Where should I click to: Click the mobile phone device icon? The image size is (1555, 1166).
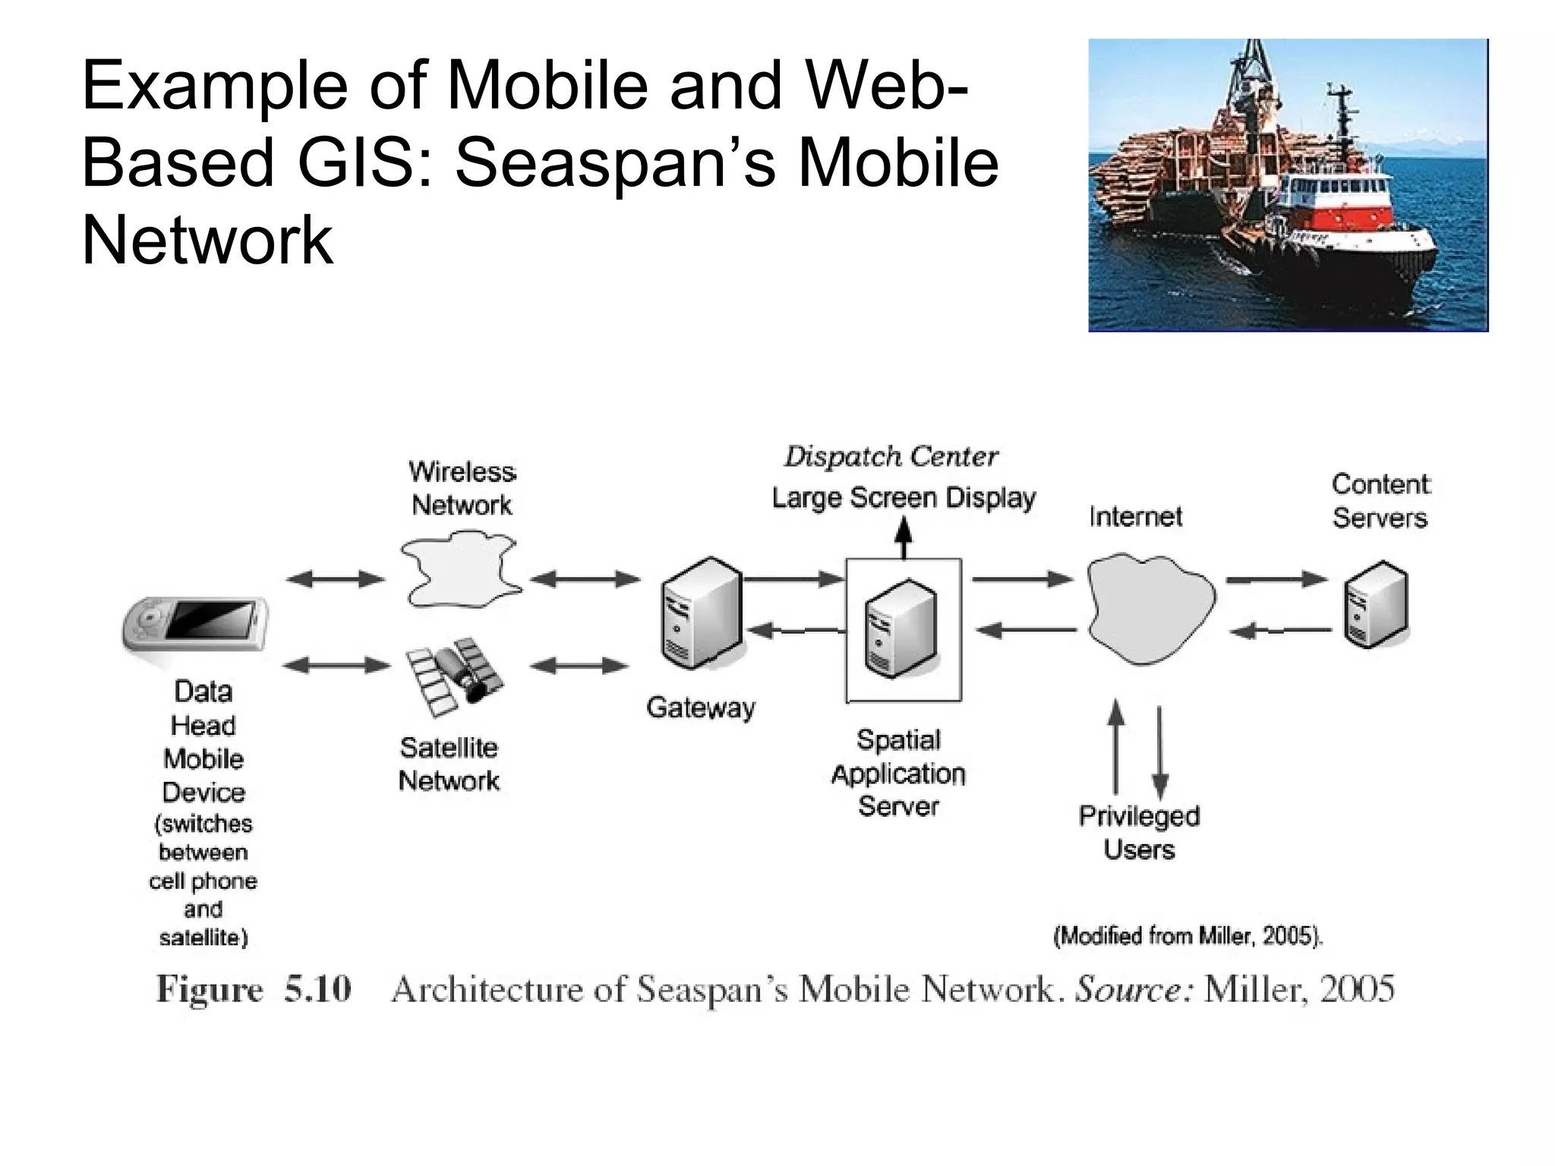pos(195,623)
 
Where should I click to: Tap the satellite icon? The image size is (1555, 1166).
pos(454,675)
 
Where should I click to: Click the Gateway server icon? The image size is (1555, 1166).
pos(701,613)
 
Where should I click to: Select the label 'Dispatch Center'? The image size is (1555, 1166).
pos(891,456)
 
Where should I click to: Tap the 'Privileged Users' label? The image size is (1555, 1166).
pos(1139,832)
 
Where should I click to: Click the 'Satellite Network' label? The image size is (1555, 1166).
pos(449,764)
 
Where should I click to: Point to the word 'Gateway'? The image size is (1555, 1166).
pos(700,707)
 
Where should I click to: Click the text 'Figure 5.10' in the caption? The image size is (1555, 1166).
pos(254,988)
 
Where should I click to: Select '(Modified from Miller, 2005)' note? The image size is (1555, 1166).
pos(1188,936)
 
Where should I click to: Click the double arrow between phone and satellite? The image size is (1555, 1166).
pos(336,666)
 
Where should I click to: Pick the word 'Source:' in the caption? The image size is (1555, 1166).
pos(1136,988)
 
